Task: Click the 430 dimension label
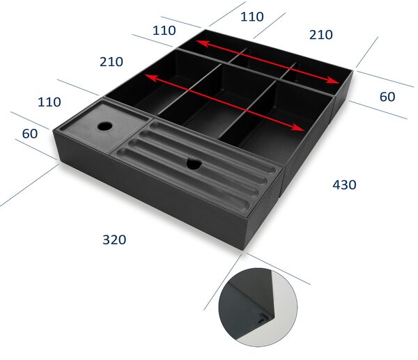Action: click(x=344, y=185)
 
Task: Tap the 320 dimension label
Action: click(x=114, y=240)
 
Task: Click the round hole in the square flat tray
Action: click(x=104, y=126)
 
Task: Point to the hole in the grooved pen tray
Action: click(x=194, y=164)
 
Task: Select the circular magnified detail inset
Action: click(x=258, y=307)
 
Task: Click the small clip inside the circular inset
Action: click(x=264, y=318)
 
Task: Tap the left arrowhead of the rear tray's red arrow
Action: click(x=203, y=42)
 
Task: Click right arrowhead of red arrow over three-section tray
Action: click(x=297, y=127)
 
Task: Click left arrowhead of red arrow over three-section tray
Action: click(x=151, y=77)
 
